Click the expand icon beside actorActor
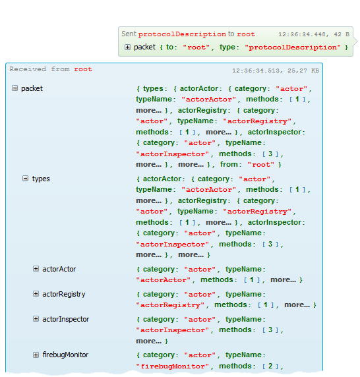pyautogui.click(x=36, y=268)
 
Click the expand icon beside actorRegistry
pyautogui.click(x=36, y=293)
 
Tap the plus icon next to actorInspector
pyautogui.click(x=36, y=318)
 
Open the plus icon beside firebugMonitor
pyautogui.click(x=36, y=355)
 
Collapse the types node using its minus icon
pyautogui.click(x=25, y=178)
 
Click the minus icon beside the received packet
pyautogui.click(x=15, y=88)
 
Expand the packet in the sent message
pyautogui.click(x=127, y=47)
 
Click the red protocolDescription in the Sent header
pyautogui.click(x=182, y=34)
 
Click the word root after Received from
pyautogui.click(x=83, y=69)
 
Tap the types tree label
pyautogui.click(x=41, y=179)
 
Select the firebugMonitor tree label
pyautogui.click(x=65, y=355)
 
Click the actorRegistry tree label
pyautogui.click(x=64, y=294)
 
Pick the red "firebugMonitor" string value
pyautogui.click(x=173, y=366)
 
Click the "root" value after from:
pyautogui.click(x=261, y=165)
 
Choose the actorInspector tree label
pyautogui.click(x=66, y=319)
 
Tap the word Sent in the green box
pyautogui.click(x=129, y=34)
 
